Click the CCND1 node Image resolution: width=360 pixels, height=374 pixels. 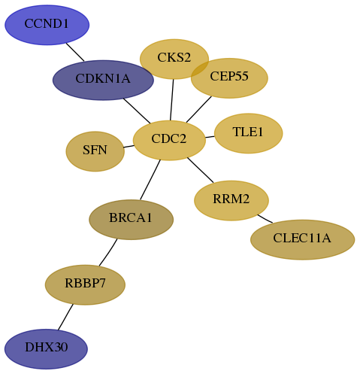coord(47,25)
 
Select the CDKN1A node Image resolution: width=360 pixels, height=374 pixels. coord(103,80)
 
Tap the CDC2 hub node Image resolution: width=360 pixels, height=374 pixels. coord(169,140)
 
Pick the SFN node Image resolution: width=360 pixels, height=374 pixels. coord(95,151)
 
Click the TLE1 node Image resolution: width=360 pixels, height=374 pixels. coord(249,133)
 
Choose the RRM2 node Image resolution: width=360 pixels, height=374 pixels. coord(231,200)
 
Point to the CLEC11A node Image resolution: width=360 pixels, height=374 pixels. coord(302,239)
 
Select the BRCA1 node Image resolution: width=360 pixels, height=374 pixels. coord(131,220)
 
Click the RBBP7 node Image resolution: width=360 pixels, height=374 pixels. coord(85,284)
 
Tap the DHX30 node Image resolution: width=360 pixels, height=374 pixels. coord(46,349)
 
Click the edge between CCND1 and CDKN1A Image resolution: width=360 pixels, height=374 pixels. coord(75,52)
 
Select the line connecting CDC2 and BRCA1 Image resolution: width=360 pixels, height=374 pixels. coord(150,180)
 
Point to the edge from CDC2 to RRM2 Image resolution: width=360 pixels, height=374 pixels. coord(201,170)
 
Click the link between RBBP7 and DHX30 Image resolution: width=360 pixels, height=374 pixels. coord(65,317)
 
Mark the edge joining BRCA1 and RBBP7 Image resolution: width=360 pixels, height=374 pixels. coord(108,252)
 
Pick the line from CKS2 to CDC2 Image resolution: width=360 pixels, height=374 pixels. coord(171,100)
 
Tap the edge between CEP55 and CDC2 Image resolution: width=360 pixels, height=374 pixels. coord(199,109)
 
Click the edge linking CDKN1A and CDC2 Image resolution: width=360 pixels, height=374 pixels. coord(137,111)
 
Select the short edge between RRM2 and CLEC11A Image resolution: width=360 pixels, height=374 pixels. coord(265,218)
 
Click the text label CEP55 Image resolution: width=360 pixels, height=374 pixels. coord(229,76)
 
